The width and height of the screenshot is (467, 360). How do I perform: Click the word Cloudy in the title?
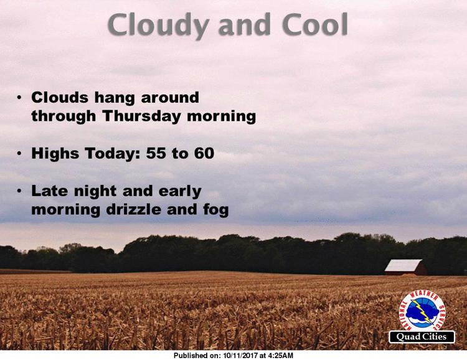tap(158, 26)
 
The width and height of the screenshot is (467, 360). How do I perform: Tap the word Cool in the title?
tap(315, 24)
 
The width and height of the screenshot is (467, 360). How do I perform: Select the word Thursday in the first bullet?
tap(141, 116)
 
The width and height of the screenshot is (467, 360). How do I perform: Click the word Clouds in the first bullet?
tap(60, 97)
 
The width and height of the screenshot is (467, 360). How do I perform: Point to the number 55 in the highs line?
tap(156, 153)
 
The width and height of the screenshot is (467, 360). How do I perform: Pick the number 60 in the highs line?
tap(204, 153)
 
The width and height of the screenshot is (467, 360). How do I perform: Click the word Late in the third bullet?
tap(49, 191)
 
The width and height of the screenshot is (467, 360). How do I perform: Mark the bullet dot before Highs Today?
tap(19, 153)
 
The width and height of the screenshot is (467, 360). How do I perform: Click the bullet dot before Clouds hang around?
tap(19, 97)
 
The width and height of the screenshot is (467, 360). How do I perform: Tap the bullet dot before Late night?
tap(19, 191)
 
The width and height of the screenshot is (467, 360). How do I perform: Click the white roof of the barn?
tap(403, 265)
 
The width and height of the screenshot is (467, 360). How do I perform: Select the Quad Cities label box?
tap(422, 337)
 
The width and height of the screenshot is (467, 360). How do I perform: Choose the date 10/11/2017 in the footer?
tap(240, 356)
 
